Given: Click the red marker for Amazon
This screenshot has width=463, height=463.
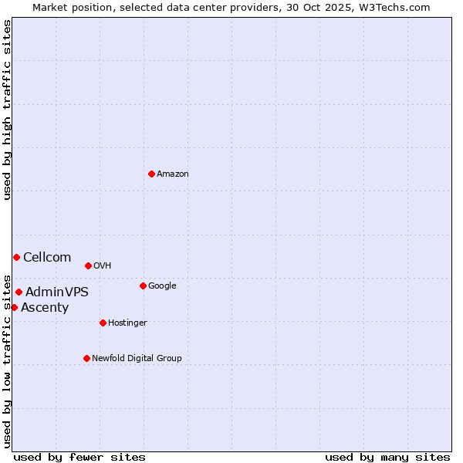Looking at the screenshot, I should coord(151,174).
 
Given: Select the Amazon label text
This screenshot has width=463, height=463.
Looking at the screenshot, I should coord(173,174).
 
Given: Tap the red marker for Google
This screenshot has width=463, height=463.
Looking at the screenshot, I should coord(143,286).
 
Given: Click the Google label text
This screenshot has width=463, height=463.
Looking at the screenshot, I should coord(162,286).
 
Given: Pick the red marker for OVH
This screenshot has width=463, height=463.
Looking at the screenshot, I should coord(88,265).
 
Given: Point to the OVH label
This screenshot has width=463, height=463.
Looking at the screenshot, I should coord(103,266).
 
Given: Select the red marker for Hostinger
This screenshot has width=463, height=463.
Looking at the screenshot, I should coord(103,323).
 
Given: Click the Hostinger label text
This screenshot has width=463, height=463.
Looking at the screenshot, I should coord(127,323).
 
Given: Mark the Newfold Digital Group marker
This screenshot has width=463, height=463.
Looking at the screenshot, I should coord(86,358).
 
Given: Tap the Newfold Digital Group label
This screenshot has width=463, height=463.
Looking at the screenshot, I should coord(137,358).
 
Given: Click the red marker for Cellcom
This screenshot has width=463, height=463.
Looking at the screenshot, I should coord(16,257).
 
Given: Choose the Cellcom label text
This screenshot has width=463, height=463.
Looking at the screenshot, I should coord(47,258).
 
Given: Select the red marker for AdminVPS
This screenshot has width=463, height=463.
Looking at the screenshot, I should coord(19,292).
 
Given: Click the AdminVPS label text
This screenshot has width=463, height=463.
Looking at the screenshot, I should coord(57,292).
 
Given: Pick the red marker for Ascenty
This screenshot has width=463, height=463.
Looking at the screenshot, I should coord(14,307).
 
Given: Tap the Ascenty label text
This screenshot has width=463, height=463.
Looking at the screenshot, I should coord(45,308).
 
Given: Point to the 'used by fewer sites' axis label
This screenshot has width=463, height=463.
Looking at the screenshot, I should coord(79,457).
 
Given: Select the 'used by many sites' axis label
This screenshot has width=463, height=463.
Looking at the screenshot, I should coord(387,457).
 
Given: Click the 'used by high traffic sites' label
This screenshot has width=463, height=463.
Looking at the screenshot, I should coord(7,110).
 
